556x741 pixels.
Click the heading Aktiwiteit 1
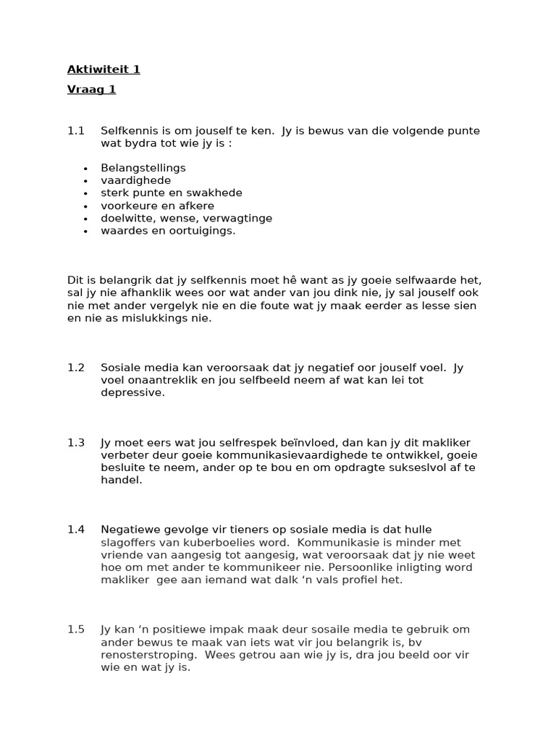[x=104, y=69]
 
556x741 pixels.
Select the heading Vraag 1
[x=91, y=90]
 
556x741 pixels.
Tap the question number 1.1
[x=76, y=131]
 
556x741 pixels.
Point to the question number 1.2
[x=76, y=368]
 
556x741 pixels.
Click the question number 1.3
[x=76, y=443]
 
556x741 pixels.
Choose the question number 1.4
[x=76, y=530]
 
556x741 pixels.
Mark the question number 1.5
[x=76, y=630]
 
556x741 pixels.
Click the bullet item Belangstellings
[x=143, y=168]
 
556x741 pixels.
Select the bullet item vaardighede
[x=136, y=181]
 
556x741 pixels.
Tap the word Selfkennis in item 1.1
[x=130, y=131]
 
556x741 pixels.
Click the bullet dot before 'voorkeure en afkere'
[x=85, y=206]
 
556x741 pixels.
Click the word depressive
[x=132, y=393]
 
